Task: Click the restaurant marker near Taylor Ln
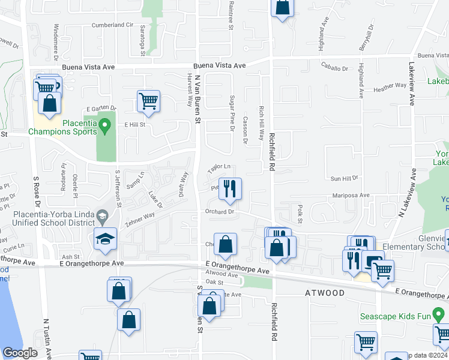pos(230,189)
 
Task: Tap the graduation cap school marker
pos(105,239)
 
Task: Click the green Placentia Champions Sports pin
pos(105,127)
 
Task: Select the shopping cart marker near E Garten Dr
pos(148,101)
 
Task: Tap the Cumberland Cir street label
pos(112,25)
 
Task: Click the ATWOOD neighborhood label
pos(325,293)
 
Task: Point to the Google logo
pos(20,353)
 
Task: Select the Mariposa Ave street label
pos(352,196)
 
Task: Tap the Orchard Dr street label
pos(218,212)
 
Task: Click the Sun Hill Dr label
pos(344,178)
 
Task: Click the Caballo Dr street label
pos(334,68)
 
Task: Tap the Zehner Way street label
pos(140,219)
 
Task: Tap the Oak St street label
pos(214,281)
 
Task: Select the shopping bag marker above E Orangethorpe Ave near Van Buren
pos(225,244)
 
